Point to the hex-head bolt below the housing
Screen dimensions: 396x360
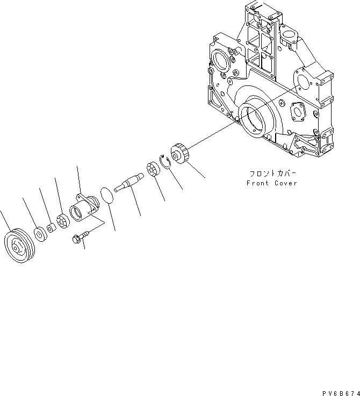(x=79, y=239)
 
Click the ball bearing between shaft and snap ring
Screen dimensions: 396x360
(x=153, y=169)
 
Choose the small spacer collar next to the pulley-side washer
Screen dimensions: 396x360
(x=50, y=228)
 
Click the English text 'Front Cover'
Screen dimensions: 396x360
(x=272, y=183)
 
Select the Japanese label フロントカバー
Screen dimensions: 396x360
(x=272, y=174)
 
